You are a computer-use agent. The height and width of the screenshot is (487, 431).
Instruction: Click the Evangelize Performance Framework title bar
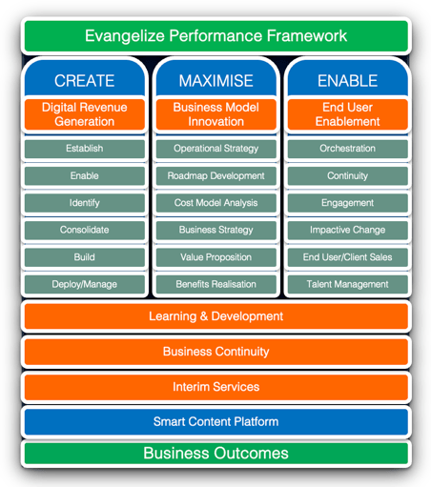pyautogui.click(x=216, y=36)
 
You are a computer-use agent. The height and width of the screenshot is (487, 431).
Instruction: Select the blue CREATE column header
pyautogui.click(x=85, y=78)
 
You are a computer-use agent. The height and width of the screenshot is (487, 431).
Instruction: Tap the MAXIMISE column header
pyautogui.click(x=216, y=78)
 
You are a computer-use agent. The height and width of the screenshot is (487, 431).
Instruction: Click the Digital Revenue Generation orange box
pyautogui.click(x=85, y=114)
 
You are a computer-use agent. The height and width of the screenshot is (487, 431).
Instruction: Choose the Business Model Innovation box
pyautogui.click(x=216, y=114)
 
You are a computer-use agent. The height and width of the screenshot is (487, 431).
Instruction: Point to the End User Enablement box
pyautogui.click(x=348, y=114)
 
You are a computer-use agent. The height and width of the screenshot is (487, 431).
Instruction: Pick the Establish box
pyautogui.click(x=85, y=149)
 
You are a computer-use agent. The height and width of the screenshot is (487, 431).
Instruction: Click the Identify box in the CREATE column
pyautogui.click(x=85, y=203)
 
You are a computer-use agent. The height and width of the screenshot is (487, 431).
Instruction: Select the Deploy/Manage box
pyautogui.click(x=85, y=284)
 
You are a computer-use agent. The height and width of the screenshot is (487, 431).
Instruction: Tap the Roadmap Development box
pyautogui.click(x=216, y=176)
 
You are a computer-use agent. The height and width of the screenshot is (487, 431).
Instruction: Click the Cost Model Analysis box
pyautogui.click(x=216, y=203)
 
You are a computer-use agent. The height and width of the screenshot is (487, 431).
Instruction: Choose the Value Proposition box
pyautogui.click(x=216, y=257)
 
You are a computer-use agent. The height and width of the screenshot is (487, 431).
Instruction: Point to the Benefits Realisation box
pyautogui.click(x=216, y=284)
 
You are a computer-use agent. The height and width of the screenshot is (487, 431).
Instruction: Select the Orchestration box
pyautogui.click(x=348, y=149)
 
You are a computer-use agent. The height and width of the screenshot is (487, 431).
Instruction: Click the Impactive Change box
pyautogui.click(x=348, y=230)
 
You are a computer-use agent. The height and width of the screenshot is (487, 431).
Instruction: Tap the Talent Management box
pyautogui.click(x=348, y=284)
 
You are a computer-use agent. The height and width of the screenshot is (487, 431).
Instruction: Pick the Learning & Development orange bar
pyautogui.click(x=216, y=316)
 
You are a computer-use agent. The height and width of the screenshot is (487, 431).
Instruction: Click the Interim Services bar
pyautogui.click(x=216, y=387)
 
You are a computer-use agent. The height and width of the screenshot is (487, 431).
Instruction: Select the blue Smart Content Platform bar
pyautogui.click(x=216, y=422)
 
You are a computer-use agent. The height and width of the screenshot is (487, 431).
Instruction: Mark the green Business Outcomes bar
pyautogui.click(x=216, y=454)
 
